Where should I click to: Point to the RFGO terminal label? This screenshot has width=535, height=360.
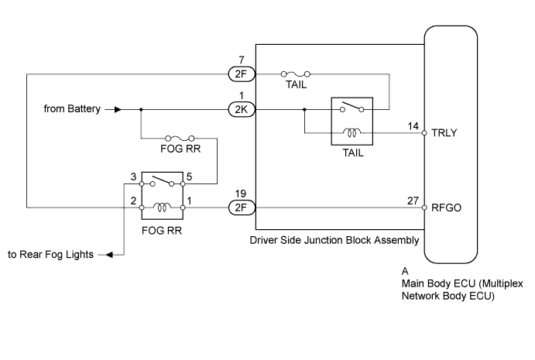[x=450, y=207]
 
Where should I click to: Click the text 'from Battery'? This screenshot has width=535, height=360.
[x=73, y=110]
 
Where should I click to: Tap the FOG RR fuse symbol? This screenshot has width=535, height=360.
[x=179, y=139]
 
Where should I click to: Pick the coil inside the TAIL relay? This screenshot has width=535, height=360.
[x=352, y=132]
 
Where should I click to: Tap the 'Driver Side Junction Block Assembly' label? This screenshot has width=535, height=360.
[x=334, y=240]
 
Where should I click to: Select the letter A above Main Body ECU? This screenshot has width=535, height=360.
[x=405, y=272]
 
